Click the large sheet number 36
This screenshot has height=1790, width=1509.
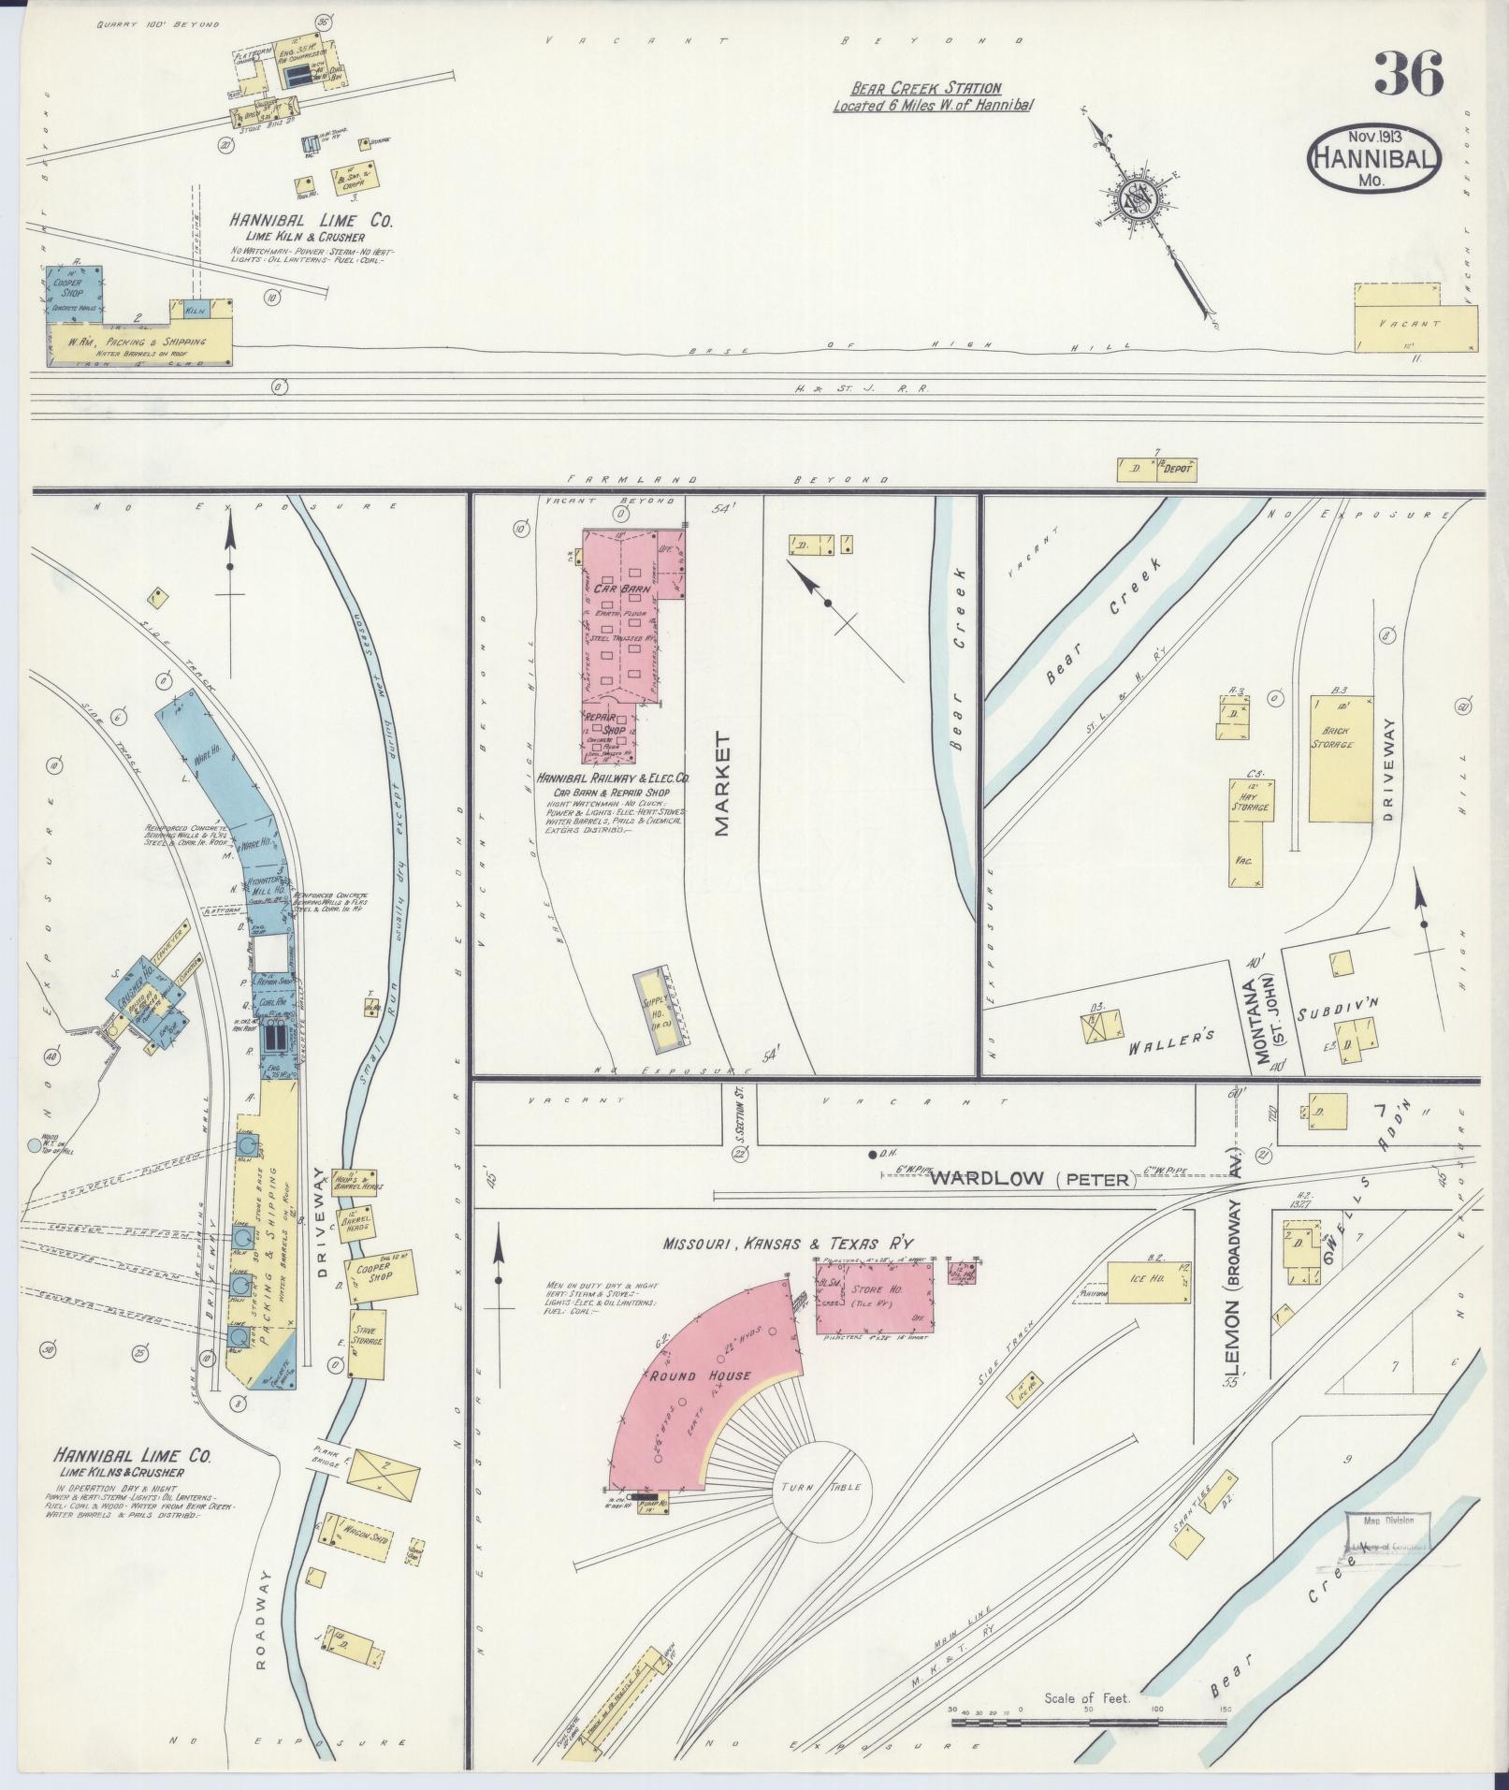(1408, 74)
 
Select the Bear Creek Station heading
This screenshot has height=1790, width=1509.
(925, 88)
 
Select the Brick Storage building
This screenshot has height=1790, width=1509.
(1340, 758)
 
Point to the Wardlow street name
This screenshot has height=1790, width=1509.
(985, 1178)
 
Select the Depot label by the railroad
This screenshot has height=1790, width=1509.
(1176, 469)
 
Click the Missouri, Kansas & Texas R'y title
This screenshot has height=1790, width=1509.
(787, 1243)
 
